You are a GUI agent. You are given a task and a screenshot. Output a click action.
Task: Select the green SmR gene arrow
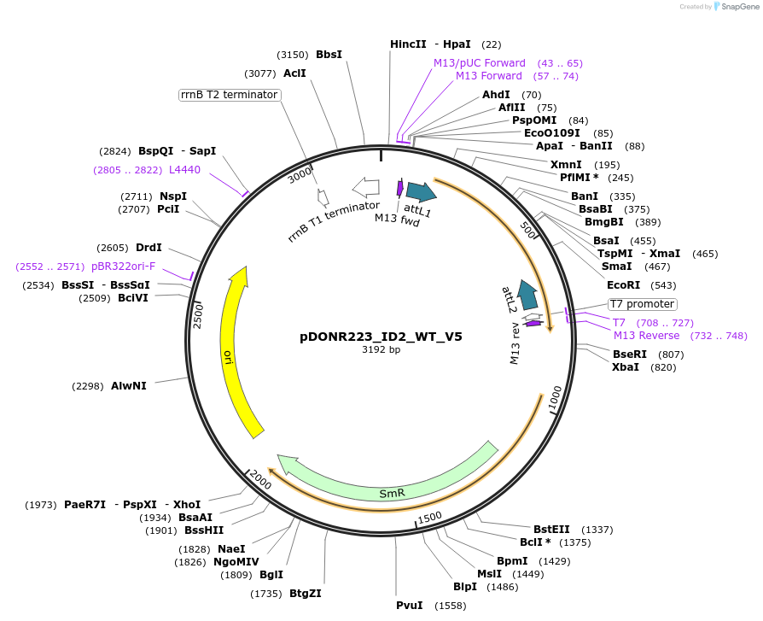pos(391,492)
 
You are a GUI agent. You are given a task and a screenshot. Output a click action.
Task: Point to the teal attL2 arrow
pos(529,295)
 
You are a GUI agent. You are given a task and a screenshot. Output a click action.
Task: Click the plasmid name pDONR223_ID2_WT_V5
pos(381,337)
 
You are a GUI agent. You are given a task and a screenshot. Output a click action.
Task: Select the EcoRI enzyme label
pos(623,285)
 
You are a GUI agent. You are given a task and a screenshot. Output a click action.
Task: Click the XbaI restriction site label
pos(626,367)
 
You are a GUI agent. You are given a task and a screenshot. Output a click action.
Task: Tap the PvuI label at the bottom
pos(410,606)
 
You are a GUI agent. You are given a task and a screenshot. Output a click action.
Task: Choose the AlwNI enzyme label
pos(129,386)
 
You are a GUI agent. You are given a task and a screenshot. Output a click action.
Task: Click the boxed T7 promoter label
pos(642,304)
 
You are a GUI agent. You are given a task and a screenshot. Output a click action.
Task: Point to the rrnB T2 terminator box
pos(230,95)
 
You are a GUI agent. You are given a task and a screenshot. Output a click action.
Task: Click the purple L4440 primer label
pos(184,170)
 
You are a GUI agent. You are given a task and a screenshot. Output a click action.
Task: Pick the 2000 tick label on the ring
pos(260,483)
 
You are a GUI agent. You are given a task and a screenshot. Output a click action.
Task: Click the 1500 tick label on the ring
pos(429,516)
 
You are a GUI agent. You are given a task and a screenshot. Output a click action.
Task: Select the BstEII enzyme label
pos(551,530)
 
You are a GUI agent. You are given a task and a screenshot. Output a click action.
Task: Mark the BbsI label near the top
pos(329,55)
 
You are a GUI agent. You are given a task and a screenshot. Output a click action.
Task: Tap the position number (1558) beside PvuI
pos(451,606)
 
